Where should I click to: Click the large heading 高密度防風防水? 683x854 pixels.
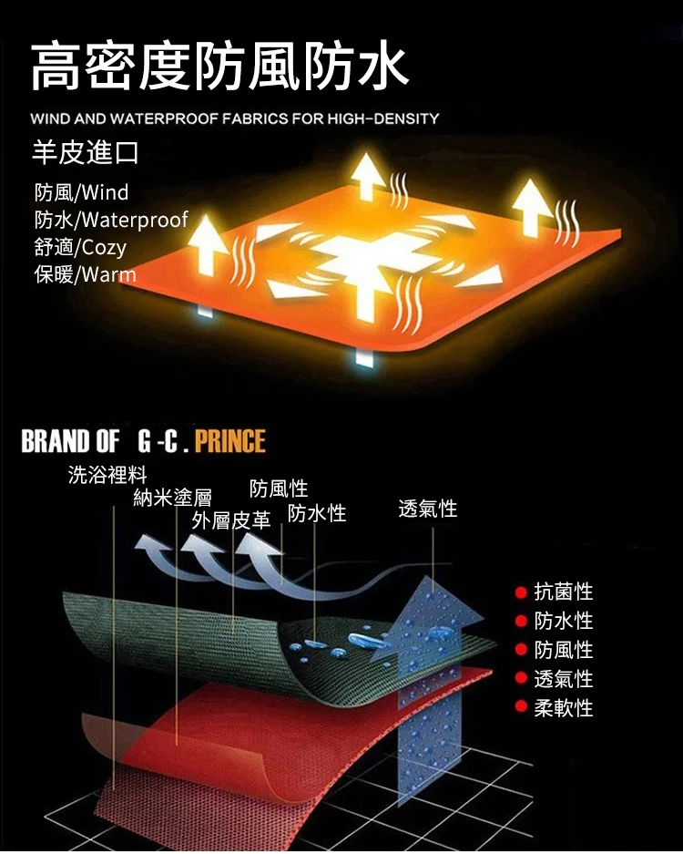[x=219, y=67]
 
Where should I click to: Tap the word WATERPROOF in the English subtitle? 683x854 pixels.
[x=164, y=118]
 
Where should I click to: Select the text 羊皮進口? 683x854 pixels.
[x=85, y=152]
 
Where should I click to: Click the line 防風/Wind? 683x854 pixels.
[x=81, y=192]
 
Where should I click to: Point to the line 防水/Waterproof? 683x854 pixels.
[x=111, y=220]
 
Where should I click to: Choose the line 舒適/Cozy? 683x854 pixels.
[x=80, y=247]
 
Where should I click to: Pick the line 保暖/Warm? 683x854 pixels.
[x=85, y=274]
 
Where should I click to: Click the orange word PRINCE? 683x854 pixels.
[x=230, y=441]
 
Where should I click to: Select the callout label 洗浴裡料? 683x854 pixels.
[x=107, y=474]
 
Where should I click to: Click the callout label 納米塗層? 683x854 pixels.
[x=172, y=498]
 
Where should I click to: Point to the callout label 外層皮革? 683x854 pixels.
[x=230, y=520]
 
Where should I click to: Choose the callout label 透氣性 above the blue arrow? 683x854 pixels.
[x=428, y=509]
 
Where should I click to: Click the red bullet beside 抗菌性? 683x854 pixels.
[x=521, y=592]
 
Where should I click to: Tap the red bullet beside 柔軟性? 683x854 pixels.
[x=521, y=707]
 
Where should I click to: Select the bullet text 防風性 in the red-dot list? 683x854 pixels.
[x=564, y=650]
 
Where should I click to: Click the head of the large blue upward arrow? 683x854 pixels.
[x=433, y=606]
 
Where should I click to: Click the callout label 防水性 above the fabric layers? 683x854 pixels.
[x=317, y=513]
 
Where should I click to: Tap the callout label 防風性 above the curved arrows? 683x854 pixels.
[x=279, y=489]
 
